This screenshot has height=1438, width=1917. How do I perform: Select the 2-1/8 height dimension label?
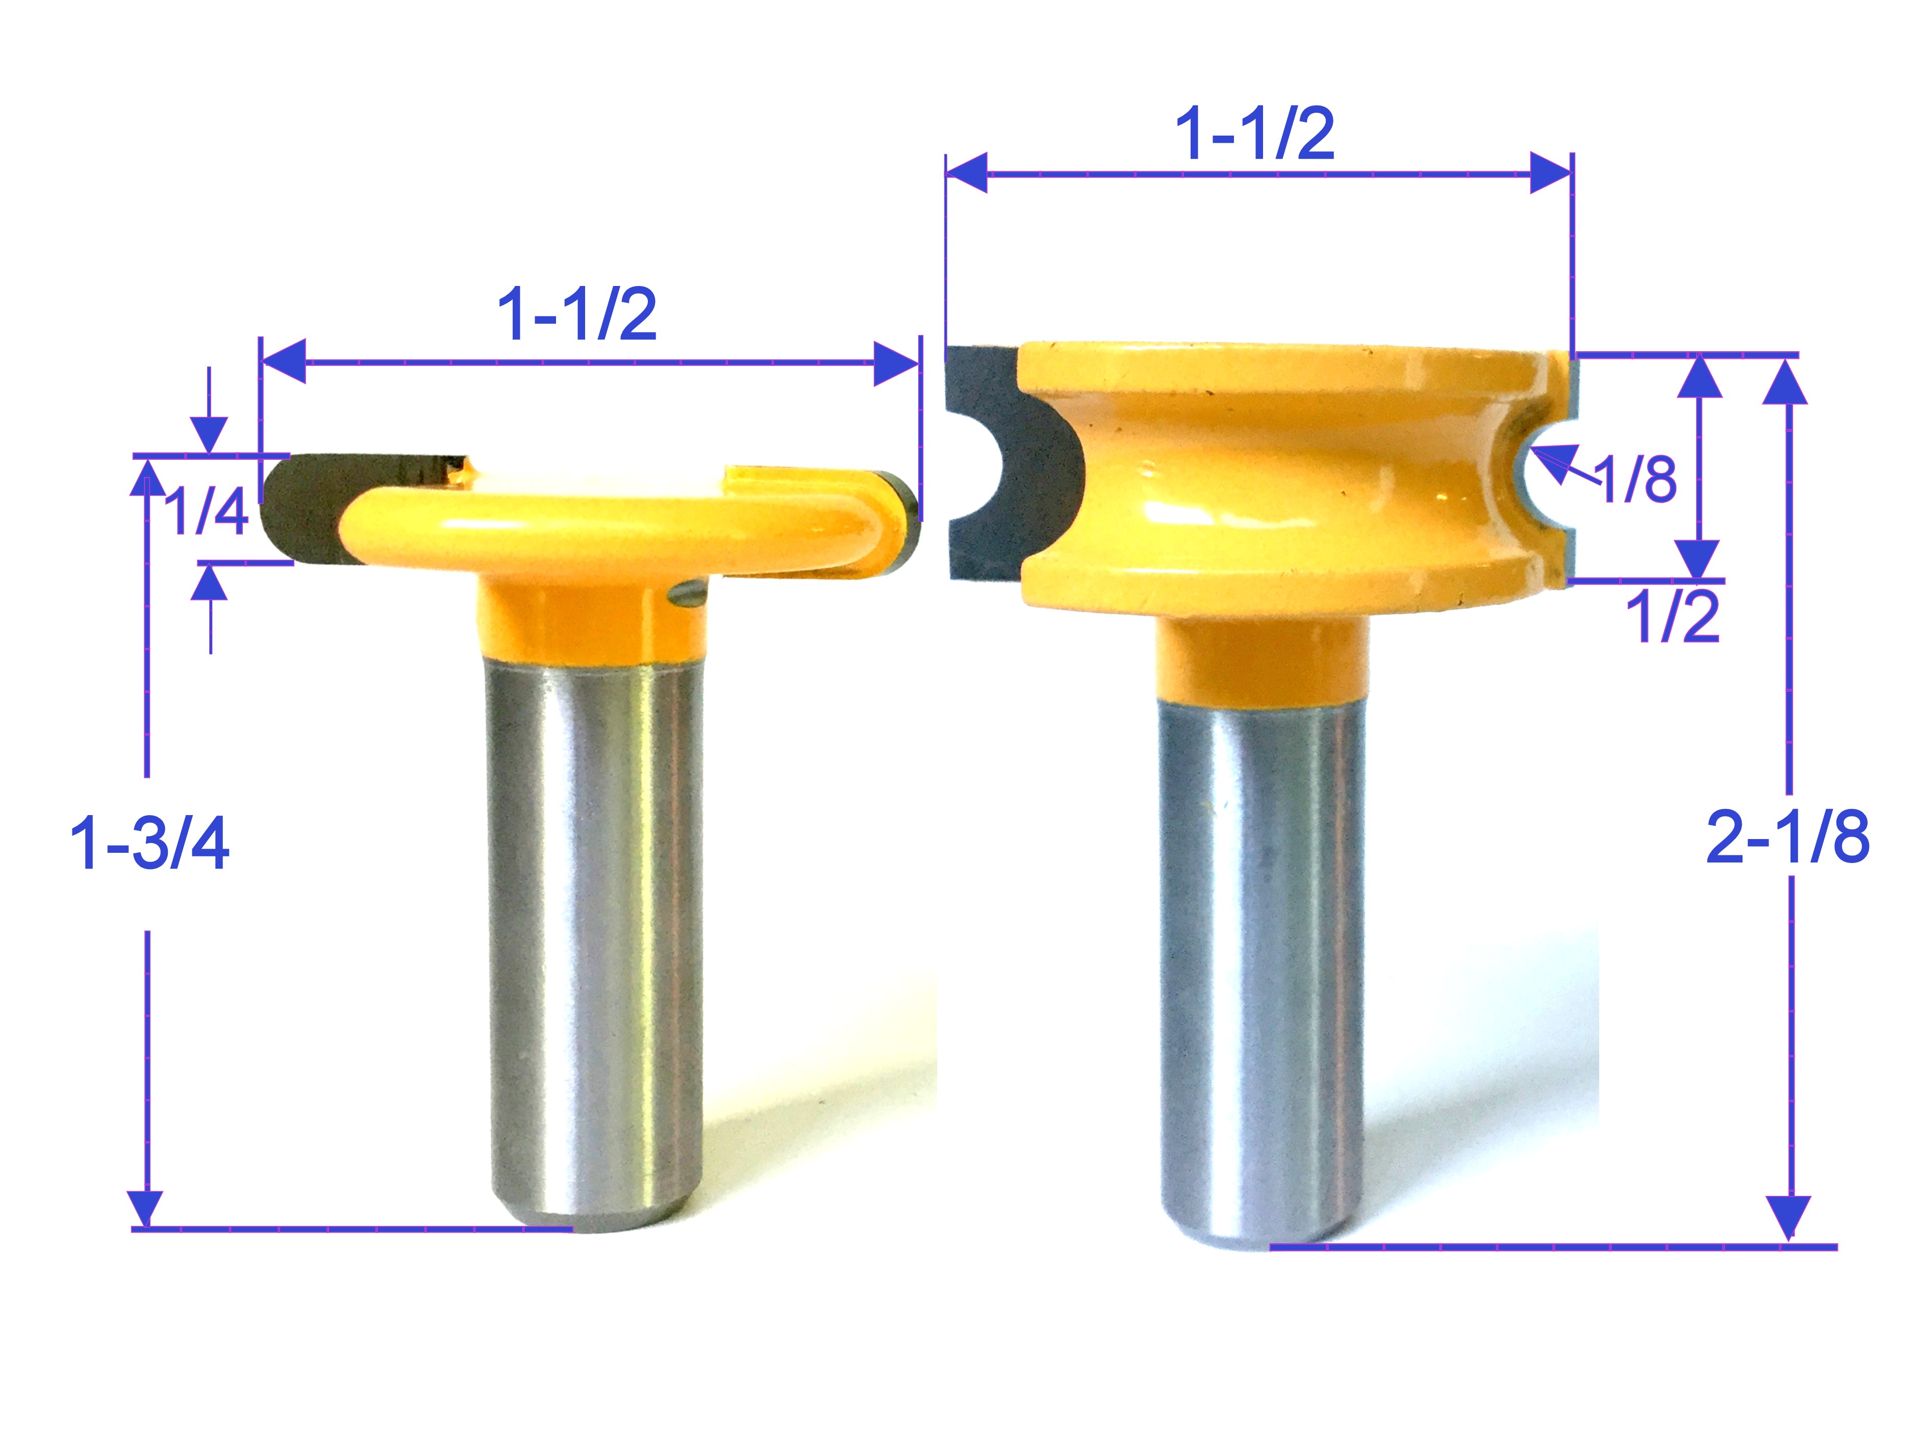pos(1787,838)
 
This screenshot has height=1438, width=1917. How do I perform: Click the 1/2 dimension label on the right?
pos(1672,618)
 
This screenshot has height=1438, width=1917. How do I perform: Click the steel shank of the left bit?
pos(594,935)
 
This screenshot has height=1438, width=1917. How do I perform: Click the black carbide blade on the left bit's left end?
pos(299,511)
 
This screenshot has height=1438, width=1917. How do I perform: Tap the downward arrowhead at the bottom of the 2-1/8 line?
pos(1787,1218)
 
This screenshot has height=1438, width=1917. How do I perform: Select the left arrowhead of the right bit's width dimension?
pos(966,173)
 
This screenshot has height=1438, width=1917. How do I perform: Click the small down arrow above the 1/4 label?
pos(210,434)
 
